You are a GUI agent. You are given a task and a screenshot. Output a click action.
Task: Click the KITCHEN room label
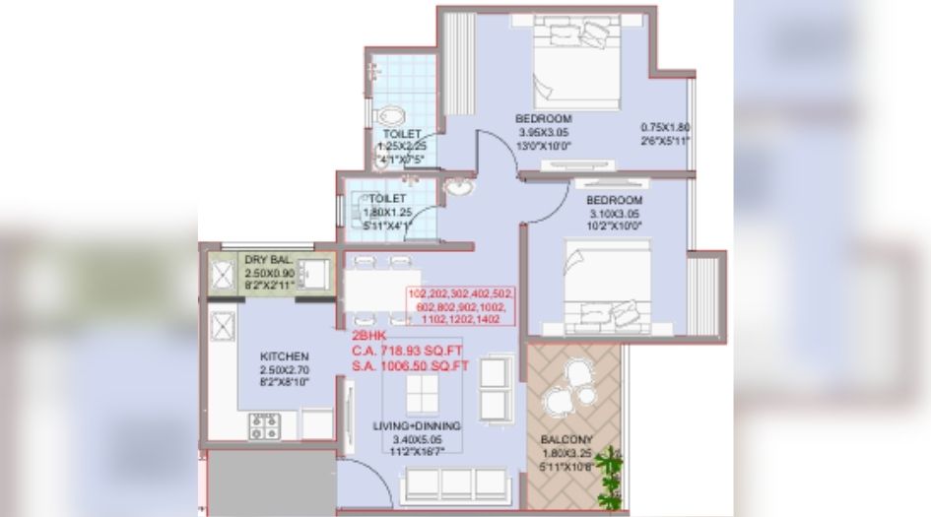[285, 355]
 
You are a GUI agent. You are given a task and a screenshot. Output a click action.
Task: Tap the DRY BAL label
[269, 259]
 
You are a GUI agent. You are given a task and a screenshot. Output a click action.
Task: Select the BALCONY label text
[565, 440]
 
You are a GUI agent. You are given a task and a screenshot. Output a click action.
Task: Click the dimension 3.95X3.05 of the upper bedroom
[543, 133]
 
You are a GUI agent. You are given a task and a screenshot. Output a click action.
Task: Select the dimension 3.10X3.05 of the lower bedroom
[615, 214]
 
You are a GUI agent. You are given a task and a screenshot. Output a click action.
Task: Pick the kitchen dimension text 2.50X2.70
[285, 369]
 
